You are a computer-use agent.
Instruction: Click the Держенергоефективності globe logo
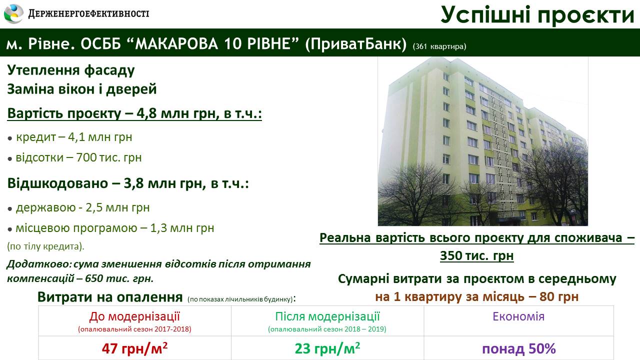pyautogui.click(x=13, y=13)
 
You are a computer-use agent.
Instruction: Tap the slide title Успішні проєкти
pyautogui.click(x=537, y=15)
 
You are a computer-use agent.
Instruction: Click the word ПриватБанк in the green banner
pyautogui.click(x=355, y=43)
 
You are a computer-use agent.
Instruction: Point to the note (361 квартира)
pyautogui.click(x=439, y=46)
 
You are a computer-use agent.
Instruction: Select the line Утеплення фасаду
pyautogui.click(x=71, y=70)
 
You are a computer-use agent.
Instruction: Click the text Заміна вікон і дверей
pyautogui.click(x=82, y=89)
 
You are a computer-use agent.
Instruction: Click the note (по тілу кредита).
pyautogui.click(x=45, y=246)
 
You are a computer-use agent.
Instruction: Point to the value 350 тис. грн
pyautogui.click(x=477, y=256)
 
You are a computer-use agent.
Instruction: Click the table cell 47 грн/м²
pyautogui.click(x=134, y=348)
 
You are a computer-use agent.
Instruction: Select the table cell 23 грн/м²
pyautogui.click(x=327, y=348)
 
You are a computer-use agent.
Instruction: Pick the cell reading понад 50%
pyautogui.click(x=519, y=349)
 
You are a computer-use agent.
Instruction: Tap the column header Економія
pyautogui.click(x=518, y=316)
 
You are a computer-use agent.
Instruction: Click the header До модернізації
pyautogui.click(x=134, y=316)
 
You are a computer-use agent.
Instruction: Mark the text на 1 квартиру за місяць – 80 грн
pyautogui.click(x=477, y=297)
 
